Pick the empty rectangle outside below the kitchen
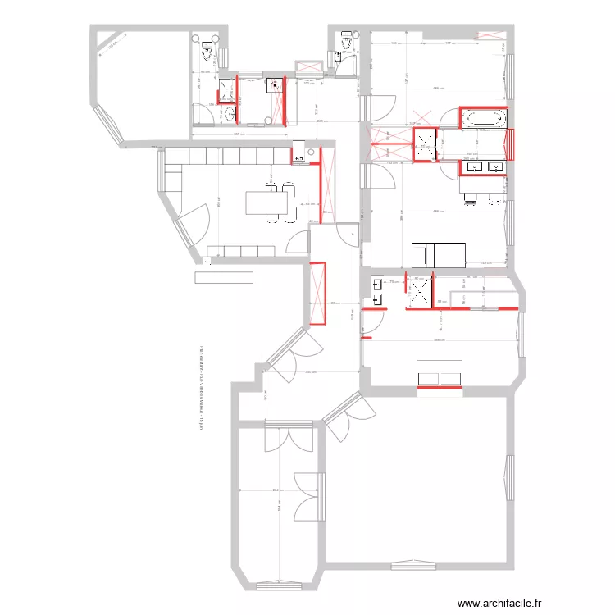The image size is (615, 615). [223, 277]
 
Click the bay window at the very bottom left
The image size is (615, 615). [279, 585]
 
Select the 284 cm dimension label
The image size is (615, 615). [278, 490]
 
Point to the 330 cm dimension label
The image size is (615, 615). [310, 372]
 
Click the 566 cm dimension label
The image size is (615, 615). [439, 340]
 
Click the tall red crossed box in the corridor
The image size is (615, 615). [317, 293]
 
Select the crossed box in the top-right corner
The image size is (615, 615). [491, 32]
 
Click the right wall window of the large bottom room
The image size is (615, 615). [507, 476]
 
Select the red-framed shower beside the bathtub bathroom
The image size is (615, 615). [425, 145]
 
